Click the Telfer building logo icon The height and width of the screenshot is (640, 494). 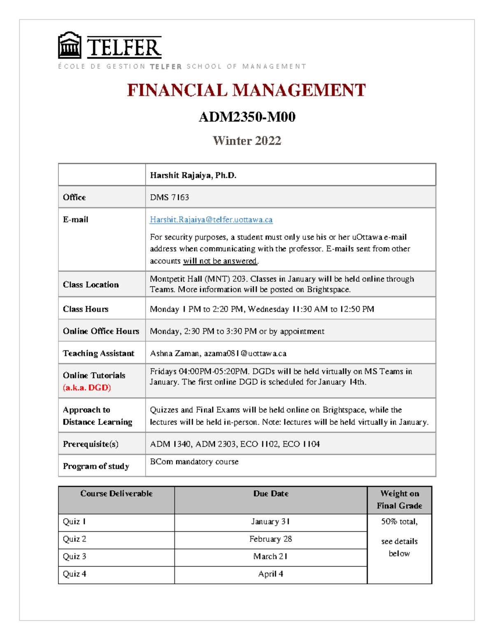coord(70,46)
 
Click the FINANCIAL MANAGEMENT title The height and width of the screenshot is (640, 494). coord(246,90)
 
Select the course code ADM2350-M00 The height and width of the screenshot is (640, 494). coord(247,117)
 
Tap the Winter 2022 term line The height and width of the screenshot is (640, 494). coord(247,141)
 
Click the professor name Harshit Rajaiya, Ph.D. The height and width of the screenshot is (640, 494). coord(193,176)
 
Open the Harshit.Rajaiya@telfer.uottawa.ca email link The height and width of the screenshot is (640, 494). coord(211,220)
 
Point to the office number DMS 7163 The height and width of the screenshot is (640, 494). coord(169,197)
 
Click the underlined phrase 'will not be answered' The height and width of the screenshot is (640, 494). coord(220,261)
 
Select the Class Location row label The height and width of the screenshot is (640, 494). coord(91,285)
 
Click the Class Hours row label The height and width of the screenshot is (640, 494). coord(86,309)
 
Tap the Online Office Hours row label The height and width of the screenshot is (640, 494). coord(101,331)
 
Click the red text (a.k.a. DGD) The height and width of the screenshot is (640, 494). coord(87,388)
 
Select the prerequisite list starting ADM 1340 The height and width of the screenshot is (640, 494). coord(235,444)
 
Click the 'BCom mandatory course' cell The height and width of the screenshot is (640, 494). coord(194,462)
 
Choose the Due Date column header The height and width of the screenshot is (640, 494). coord(270,494)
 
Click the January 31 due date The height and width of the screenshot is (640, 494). coord(270,522)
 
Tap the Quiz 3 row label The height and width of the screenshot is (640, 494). coord(75,557)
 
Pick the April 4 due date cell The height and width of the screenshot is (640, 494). coord(270,574)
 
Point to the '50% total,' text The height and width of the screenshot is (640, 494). coord(399,522)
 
